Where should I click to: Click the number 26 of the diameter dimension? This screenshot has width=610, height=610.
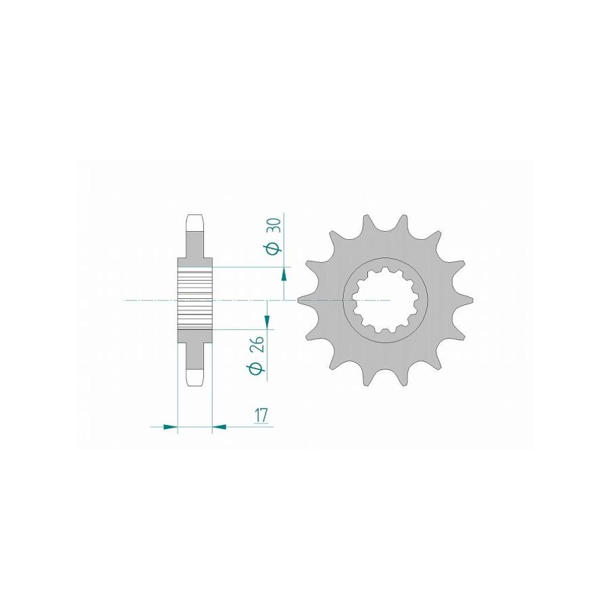257,344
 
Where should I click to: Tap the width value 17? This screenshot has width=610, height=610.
262,415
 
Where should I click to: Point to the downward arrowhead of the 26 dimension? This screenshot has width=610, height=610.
267,322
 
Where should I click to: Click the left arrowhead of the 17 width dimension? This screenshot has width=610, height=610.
170,427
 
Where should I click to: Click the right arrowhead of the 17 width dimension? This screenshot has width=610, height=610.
220,427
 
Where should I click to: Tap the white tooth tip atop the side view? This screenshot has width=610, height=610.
195,222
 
